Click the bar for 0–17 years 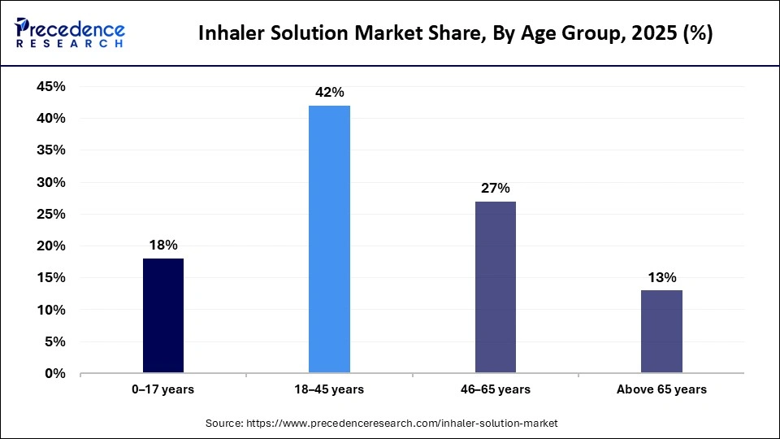click(163, 316)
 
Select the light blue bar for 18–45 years click(329, 240)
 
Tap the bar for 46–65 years click(496, 288)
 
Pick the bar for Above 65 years click(661, 333)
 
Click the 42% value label click(329, 92)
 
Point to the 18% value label click(163, 245)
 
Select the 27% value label click(496, 188)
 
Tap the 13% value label click(661, 277)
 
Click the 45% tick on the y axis click(51, 87)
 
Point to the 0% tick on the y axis click(55, 374)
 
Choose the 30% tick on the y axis click(51, 182)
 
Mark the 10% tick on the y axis click(51, 310)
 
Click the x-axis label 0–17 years click(163, 389)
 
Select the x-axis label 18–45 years click(329, 389)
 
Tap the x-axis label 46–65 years click(496, 389)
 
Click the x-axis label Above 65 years click(661, 389)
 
